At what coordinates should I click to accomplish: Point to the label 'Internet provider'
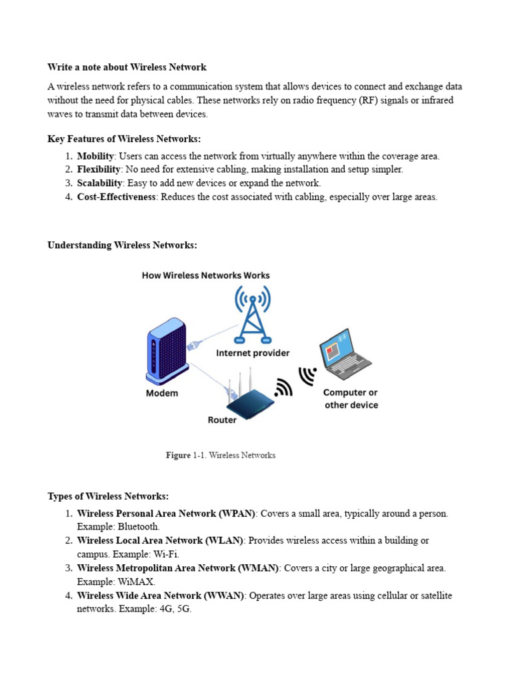pos(253,353)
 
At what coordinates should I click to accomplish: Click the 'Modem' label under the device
pos(162,394)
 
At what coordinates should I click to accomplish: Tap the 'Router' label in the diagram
pos(222,420)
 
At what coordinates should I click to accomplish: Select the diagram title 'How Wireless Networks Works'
pos(206,275)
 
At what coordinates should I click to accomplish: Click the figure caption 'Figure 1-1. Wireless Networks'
pos(221,455)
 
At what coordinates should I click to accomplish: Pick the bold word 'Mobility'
pos(95,156)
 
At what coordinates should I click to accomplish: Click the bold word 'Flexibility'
pos(99,169)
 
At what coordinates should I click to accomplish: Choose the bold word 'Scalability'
pos(99,183)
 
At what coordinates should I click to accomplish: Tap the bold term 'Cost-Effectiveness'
pos(117,197)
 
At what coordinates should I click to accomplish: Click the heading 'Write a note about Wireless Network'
pos(127,67)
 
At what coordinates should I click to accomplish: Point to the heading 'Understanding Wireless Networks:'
pos(122,245)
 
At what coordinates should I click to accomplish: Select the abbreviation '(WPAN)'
pos(236,514)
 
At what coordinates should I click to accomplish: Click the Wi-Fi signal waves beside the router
pos(283,388)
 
